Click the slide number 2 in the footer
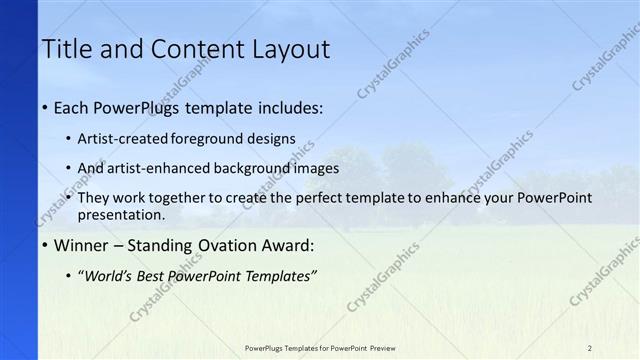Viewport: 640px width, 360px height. (590, 348)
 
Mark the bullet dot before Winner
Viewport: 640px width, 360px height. (46, 246)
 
